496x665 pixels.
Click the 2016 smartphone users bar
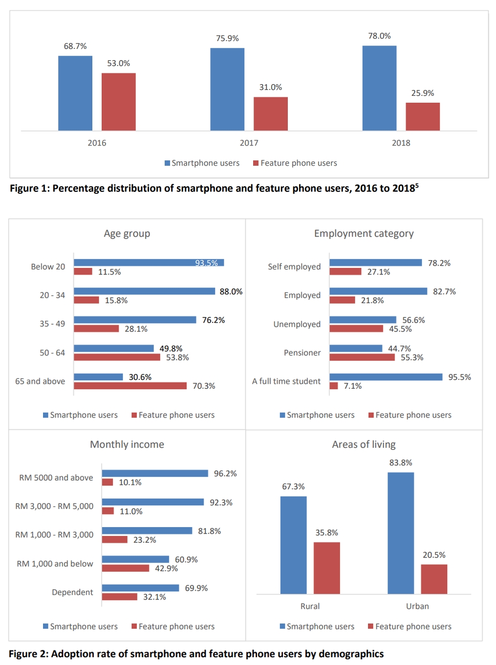[x=75, y=93]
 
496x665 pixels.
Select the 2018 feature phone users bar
[x=423, y=116]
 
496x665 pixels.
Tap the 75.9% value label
[x=227, y=38]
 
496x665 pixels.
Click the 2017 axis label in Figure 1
[x=249, y=143]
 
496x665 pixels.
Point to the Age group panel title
[x=127, y=234]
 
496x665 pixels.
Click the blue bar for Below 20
[x=149, y=263]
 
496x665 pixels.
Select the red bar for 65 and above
[x=130, y=386]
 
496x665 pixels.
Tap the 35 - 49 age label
[x=52, y=324]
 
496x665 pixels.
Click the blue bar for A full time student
[x=386, y=377]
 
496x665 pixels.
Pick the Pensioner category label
[x=302, y=353]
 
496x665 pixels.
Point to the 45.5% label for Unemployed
[x=400, y=329]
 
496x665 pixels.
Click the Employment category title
[x=364, y=234]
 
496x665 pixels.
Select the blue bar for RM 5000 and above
[x=155, y=473]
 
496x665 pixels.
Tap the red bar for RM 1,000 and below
[x=126, y=568]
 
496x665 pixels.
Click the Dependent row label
[x=72, y=592]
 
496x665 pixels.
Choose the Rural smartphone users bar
[x=293, y=545]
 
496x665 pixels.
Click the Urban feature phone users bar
[x=434, y=579]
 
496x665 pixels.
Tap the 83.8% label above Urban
[x=401, y=463]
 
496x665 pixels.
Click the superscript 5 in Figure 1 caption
[x=417, y=185]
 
